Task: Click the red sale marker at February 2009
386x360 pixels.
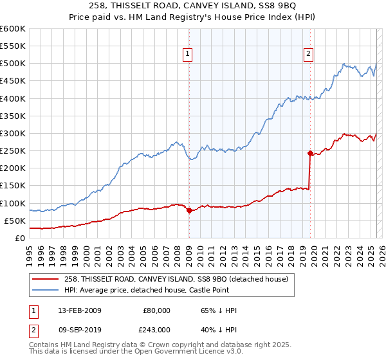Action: pos(189,210)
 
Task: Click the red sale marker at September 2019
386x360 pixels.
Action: pos(310,153)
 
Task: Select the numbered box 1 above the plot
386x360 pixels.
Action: pos(188,54)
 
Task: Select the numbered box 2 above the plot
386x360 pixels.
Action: pos(309,54)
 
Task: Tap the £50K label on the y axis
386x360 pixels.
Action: pos(15,221)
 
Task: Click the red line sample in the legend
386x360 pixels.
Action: pos(46,278)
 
